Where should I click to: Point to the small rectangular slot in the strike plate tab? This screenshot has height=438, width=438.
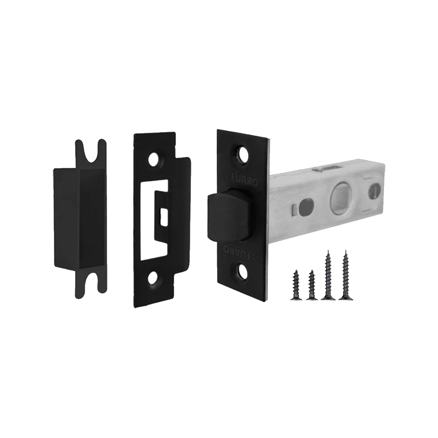pos(164,218)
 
